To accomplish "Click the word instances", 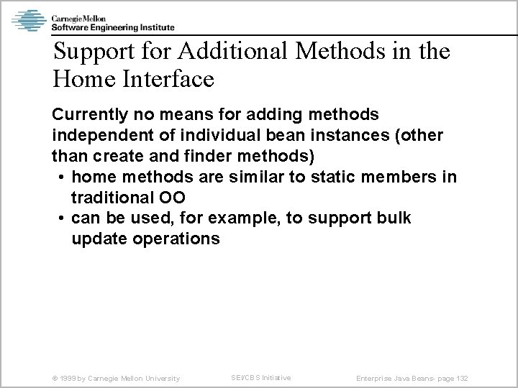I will pyautogui.click(x=377, y=136).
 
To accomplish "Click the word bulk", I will pyautogui.click(x=392, y=218).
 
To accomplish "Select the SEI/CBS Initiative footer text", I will pyautogui.click(x=260, y=377).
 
